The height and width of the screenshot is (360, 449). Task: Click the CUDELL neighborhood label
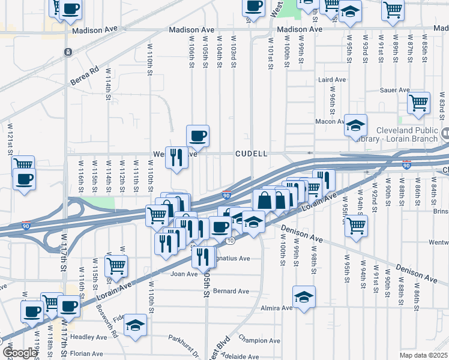tap(251, 154)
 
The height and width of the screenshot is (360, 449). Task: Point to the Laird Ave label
tap(332, 79)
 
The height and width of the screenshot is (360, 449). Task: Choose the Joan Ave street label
tap(184, 274)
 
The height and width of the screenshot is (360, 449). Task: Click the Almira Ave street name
tap(278, 308)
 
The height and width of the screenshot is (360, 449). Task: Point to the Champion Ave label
tap(259, 341)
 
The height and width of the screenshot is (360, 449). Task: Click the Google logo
tap(19, 353)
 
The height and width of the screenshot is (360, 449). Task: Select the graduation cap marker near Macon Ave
tap(355, 125)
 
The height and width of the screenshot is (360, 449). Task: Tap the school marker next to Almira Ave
tap(304, 296)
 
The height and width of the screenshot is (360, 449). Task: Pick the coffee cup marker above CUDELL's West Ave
tap(197, 136)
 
